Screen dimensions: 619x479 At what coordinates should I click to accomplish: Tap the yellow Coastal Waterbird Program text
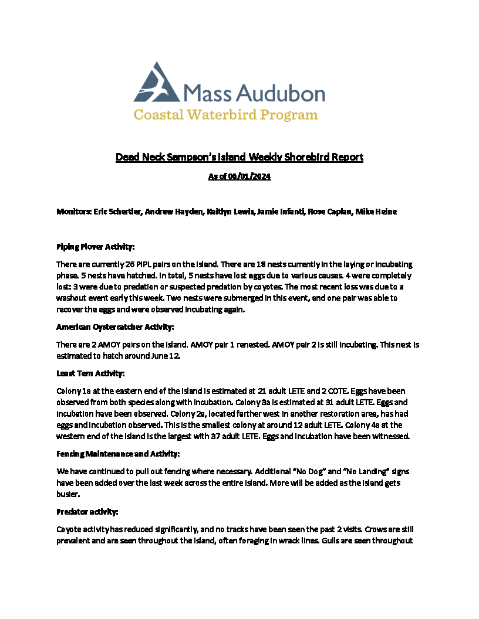tap(226, 114)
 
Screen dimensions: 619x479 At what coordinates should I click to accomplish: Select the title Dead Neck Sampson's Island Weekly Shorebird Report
tap(239, 157)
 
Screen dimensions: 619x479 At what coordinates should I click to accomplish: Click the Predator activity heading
tap(87, 511)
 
